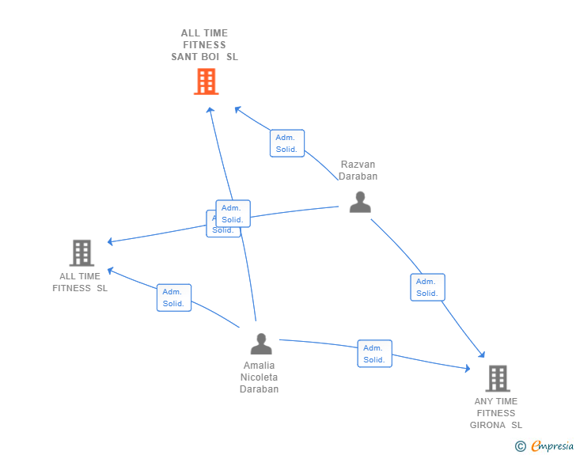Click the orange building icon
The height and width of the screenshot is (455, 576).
pos(206,82)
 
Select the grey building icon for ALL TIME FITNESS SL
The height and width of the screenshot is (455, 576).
pos(81,253)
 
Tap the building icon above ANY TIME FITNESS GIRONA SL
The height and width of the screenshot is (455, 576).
pos(497,378)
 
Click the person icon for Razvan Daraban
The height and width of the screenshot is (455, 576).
pos(360,203)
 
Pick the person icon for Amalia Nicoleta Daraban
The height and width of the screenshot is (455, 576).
pos(260,344)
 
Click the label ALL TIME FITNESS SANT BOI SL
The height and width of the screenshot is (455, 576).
pos(204,45)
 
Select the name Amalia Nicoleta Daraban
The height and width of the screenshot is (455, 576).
pos(260,377)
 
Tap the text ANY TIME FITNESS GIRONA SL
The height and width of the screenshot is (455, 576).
pos(496,413)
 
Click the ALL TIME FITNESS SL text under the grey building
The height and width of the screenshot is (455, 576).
pos(80,282)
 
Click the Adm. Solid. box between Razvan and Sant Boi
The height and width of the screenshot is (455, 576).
pos(286,143)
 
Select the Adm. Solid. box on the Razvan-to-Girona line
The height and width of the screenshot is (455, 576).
pos(427,287)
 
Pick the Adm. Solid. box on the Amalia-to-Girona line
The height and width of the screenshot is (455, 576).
pos(374,354)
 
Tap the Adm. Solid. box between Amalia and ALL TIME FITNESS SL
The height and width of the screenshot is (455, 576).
pos(173,298)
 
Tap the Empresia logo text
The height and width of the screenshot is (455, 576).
pos(552,446)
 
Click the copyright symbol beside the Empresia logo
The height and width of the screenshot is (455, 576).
pos(521,446)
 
